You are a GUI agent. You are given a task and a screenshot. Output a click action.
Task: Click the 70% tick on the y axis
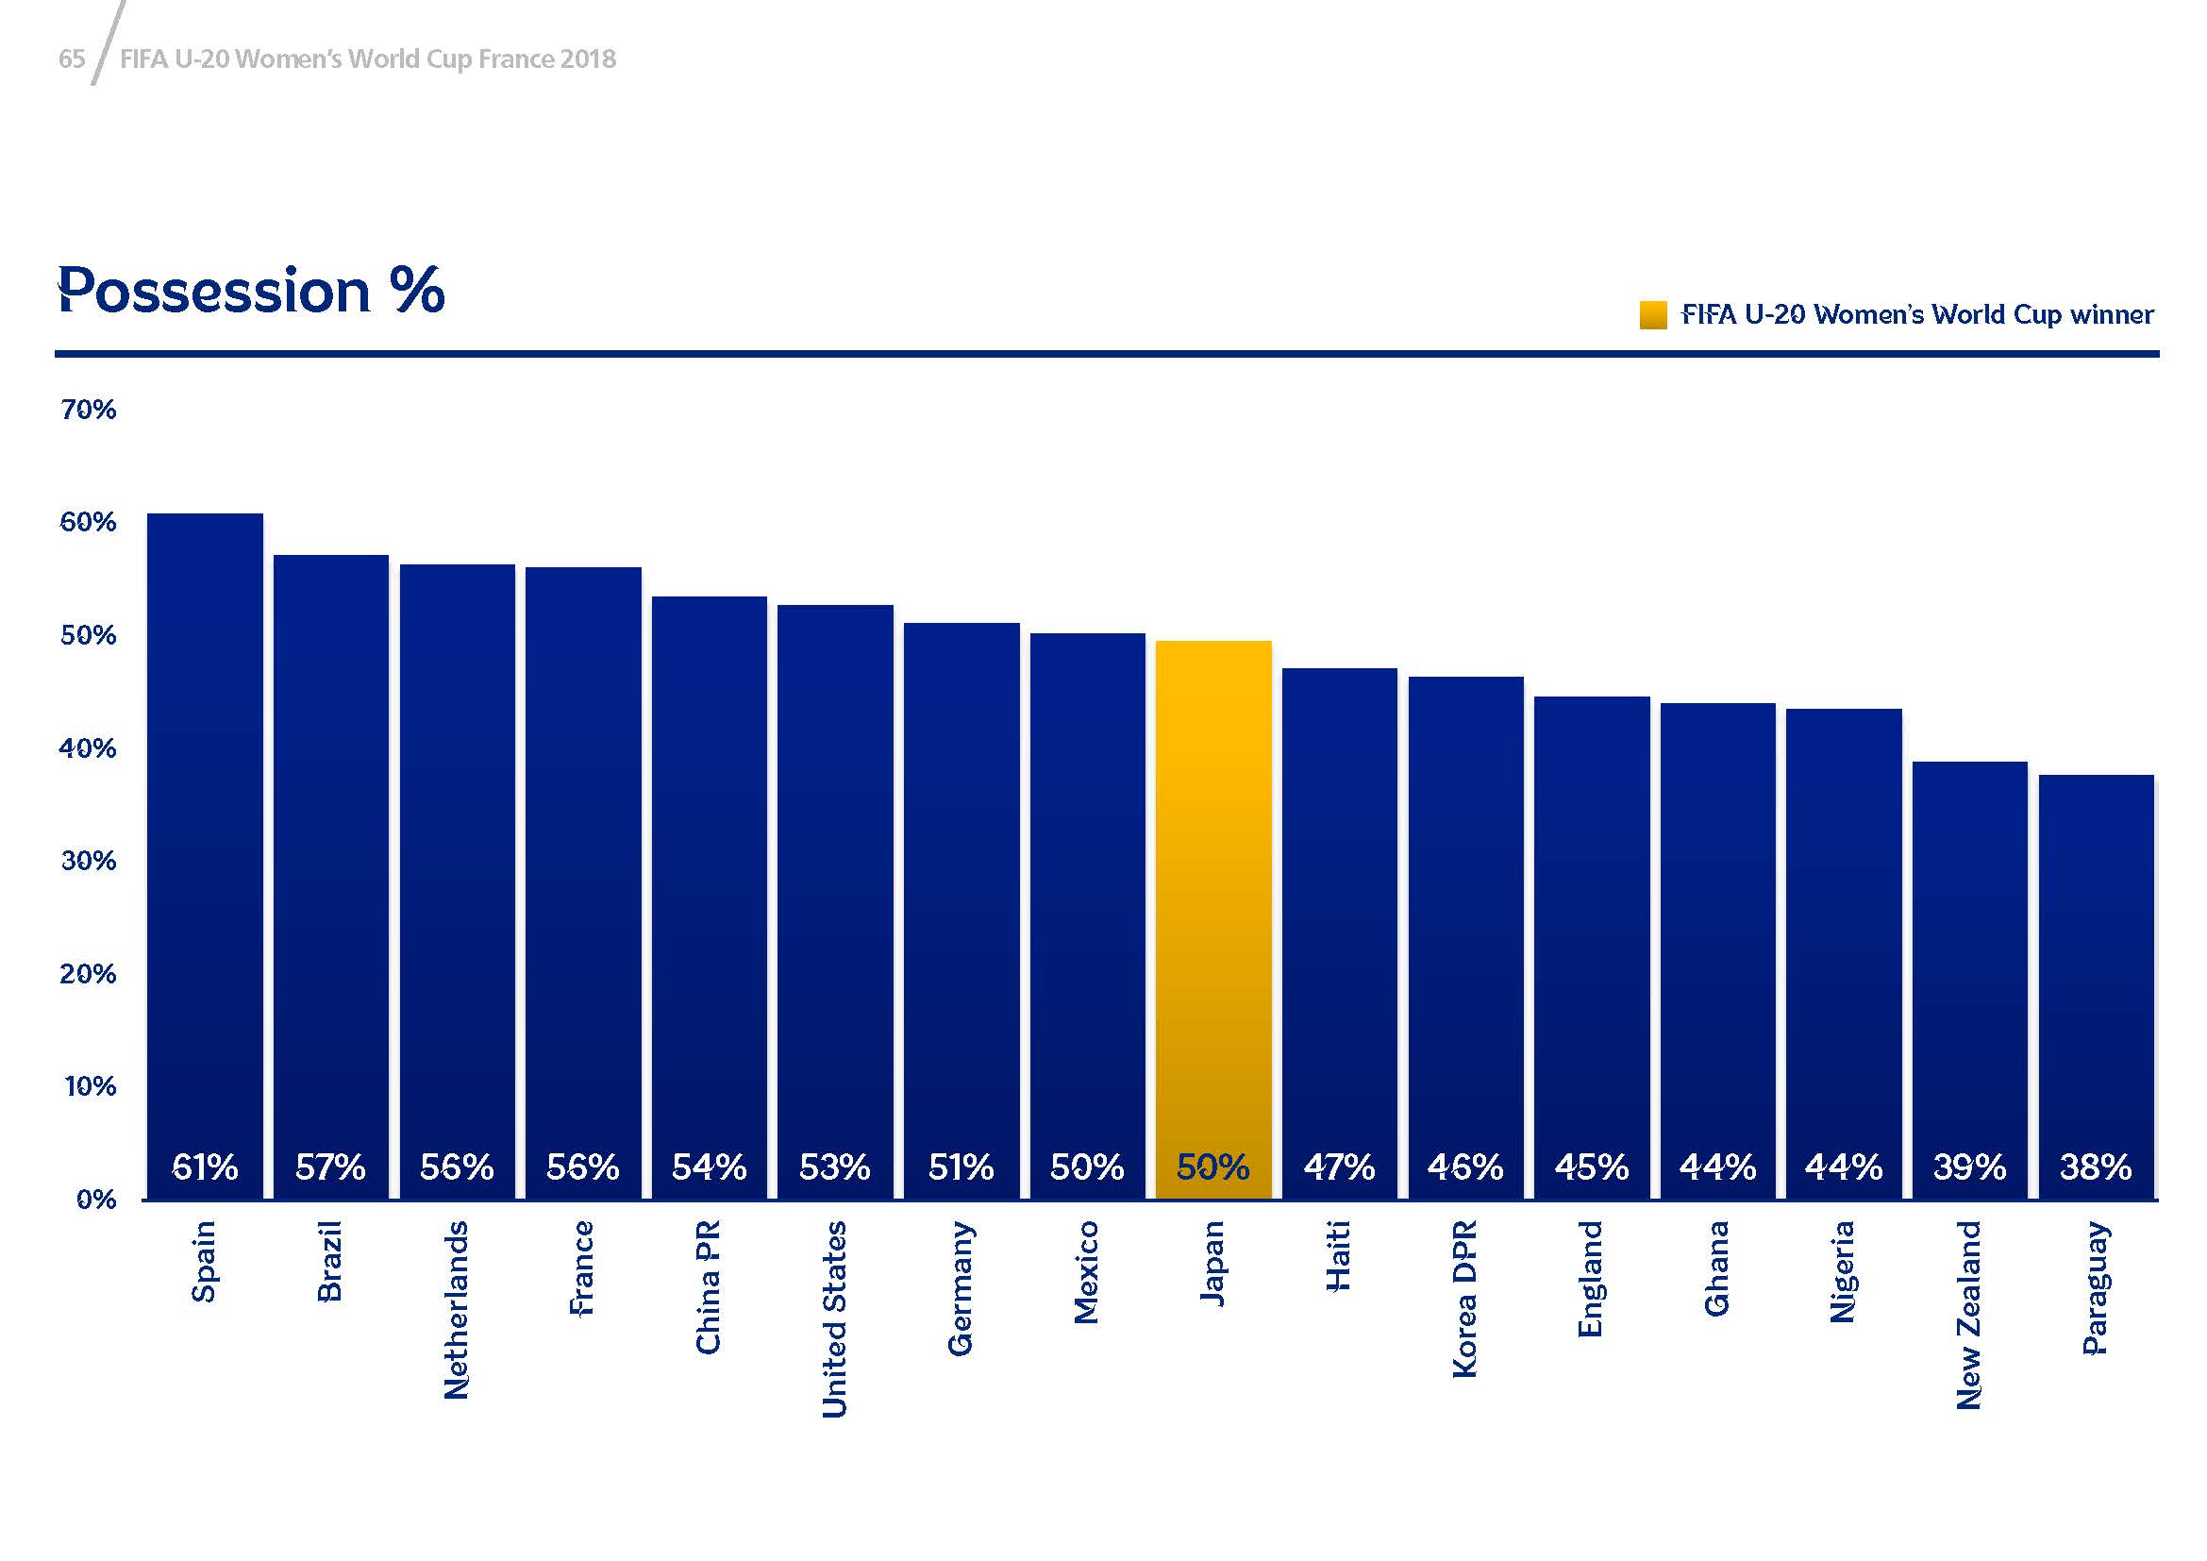coord(89,411)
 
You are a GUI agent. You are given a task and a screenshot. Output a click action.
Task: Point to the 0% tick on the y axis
coord(96,1200)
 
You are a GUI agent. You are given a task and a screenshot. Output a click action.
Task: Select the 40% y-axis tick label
coord(89,748)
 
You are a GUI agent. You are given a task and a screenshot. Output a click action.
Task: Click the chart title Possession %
coord(251,290)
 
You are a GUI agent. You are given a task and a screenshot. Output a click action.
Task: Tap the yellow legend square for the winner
coord(1653,315)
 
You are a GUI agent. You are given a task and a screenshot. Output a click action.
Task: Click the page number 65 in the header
coord(72,59)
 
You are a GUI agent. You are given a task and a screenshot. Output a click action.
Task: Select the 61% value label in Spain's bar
coord(205,1167)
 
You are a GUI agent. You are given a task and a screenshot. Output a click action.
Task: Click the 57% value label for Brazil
coord(330,1167)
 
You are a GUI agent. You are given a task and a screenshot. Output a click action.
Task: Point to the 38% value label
coord(2096,1167)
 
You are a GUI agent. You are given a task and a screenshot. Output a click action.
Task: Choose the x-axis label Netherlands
coord(457,1309)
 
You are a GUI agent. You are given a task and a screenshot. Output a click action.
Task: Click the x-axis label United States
coord(834,1318)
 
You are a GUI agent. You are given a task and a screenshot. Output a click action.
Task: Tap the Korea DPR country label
coord(1464,1299)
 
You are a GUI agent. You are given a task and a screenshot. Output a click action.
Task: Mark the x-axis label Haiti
coord(1339,1256)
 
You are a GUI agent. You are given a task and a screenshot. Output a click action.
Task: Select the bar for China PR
coord(710,875)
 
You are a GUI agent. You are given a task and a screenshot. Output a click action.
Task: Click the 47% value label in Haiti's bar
coord(1339,1167)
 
